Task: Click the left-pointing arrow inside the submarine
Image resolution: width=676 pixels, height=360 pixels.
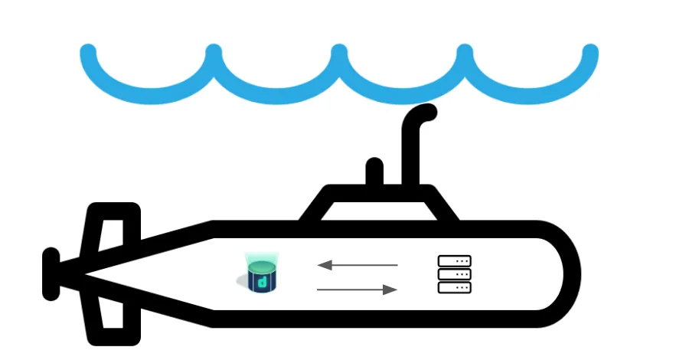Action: (x=358, y=265)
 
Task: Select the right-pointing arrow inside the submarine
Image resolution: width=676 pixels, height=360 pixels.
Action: (x=358, y=290)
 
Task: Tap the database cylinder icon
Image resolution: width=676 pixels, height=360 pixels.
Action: (x=262, y=275)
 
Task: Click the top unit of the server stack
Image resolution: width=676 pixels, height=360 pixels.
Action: (x=454, y=261)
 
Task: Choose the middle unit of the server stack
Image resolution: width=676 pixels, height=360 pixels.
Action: (x=454, y=274)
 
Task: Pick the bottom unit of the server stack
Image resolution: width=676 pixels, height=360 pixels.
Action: (x=454, y=287)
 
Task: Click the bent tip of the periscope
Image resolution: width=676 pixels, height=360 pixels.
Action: (x=425, y=113)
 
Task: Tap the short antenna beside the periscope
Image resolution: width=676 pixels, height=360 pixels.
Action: (x=374, y=172)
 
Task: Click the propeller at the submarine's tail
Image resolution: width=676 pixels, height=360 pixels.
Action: (x=51, y=274)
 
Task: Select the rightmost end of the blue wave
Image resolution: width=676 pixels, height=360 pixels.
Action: (x=589, y=53)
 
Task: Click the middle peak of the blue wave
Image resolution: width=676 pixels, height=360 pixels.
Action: (x=339, y=53)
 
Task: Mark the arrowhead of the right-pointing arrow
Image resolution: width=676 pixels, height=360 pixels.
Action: (x=390, y=290)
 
